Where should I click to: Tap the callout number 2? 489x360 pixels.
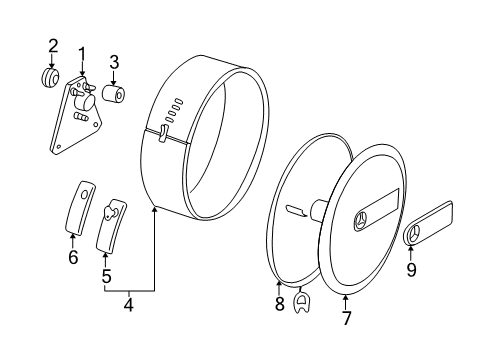tap(53, 46)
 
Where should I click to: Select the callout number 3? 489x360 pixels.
tap(114, 62)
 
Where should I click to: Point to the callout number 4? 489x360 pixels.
tap(129, 305)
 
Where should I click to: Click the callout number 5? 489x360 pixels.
tap(106, 276)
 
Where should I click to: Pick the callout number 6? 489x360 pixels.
tap(73, 257)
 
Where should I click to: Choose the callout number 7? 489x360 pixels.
tap(347, 318)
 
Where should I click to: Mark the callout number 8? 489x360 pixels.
tap(279, 304)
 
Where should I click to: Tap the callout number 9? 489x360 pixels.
tap(411, 269)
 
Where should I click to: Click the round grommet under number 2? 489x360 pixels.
tap(50, 77)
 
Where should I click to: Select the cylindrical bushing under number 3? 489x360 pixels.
tap(113, 93)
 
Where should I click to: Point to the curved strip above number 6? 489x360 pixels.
tap(80, 206)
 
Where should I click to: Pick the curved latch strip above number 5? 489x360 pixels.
tap(111, 225)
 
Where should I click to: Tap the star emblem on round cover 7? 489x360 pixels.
tap(362, 219)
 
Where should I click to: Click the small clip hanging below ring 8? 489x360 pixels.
tap(301, 300)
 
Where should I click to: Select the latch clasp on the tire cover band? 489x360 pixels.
tap(163, 133)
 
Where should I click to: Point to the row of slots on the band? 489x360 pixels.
tap(174, 110)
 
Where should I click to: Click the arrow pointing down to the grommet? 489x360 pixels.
tap(51, 61)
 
